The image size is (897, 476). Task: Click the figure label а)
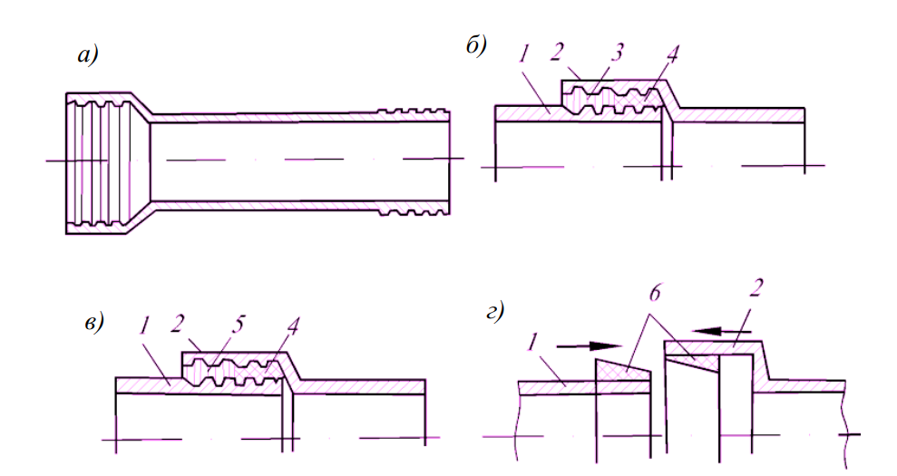(x=87, y=56)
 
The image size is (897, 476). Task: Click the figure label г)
(x=497, y=313)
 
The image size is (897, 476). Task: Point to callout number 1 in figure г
(x=536, y=345)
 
